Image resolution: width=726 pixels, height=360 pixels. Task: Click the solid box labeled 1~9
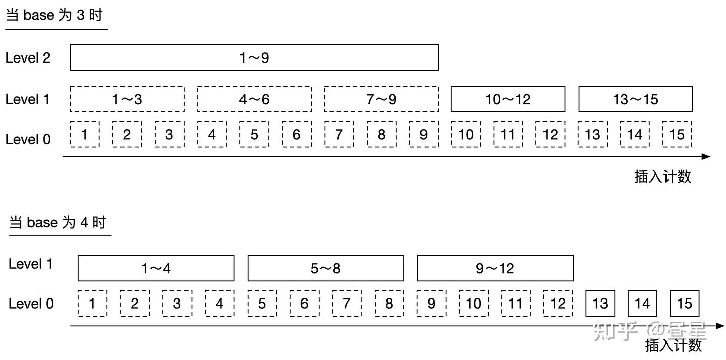(254, 57)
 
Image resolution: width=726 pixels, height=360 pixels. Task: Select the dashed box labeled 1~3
(127, 99)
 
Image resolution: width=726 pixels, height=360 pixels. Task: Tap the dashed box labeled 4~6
(254, 99)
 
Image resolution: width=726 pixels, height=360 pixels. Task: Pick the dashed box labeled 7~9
(381, 99)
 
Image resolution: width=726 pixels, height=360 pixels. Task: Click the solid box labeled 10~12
(508, 99)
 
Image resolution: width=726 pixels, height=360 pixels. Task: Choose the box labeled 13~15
(635, 99)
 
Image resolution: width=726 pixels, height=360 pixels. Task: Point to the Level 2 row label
(28, 58)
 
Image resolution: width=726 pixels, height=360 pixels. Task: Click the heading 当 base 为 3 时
(54, 15)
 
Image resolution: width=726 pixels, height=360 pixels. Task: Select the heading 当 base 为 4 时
(58, 222)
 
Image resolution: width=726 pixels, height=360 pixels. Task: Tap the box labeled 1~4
(156, 268)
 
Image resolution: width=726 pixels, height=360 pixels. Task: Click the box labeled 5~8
(325, 268)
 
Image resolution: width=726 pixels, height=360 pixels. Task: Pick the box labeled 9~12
(495, 268)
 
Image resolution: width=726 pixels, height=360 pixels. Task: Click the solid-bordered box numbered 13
(600, 304)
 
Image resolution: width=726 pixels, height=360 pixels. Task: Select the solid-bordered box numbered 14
(642, 304)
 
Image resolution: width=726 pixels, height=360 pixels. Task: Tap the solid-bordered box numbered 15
(685, 304)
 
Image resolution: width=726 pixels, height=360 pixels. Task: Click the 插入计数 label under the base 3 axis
(662, 176)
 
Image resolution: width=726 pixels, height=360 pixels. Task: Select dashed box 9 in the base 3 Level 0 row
(423, 134)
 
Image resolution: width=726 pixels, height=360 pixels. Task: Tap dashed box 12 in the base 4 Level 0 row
(558, 304)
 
